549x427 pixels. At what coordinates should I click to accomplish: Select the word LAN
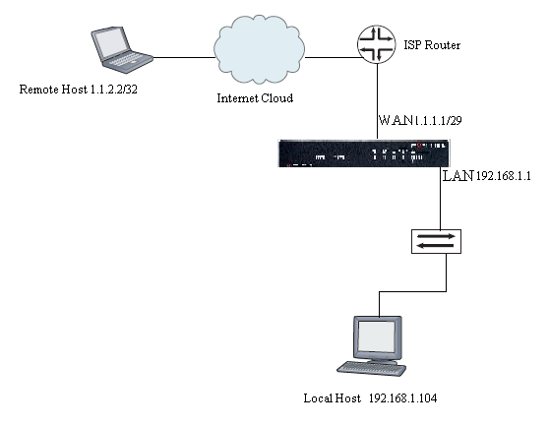coord(457,175)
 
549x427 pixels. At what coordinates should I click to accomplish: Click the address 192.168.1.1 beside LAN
coord(503,177)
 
